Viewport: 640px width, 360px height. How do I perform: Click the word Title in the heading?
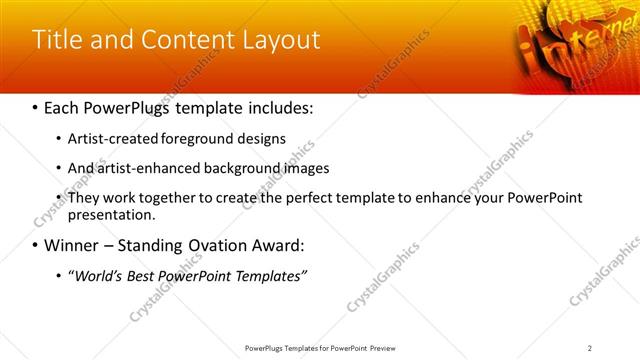57,40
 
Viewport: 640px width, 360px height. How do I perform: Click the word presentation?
111,214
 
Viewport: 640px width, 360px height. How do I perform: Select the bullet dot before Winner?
36,246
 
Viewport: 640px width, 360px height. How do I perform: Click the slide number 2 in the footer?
590,347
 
